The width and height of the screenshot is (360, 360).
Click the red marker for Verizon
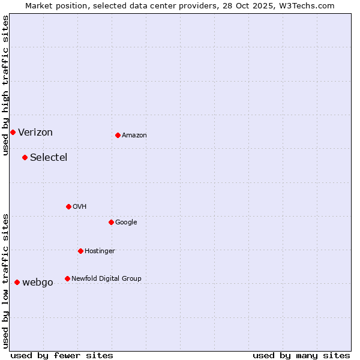click(x=13, y=132)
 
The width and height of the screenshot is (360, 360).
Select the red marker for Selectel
click(x=25, y=157)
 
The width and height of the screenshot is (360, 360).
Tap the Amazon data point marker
click(x=118, y=135)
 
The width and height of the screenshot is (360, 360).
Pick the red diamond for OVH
click(x=68, y=206)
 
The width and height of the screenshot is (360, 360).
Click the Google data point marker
click(x=111, y=222)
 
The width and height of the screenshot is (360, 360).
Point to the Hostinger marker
click(x=80, y=251)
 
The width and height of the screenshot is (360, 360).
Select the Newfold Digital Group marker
click(x=67, y=278)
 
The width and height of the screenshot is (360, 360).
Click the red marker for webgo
click(x=17, y=282)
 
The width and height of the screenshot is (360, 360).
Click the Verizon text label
click(x=35, y=133)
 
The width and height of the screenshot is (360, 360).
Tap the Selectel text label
click(x=49, y=158)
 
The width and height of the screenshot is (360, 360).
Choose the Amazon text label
click(x=134, y=136)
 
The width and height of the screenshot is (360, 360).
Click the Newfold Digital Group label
click(x=106, y=278)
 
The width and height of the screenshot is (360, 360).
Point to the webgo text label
click(x=38, y=283)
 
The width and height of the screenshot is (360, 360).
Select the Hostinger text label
click(x=100, y=251)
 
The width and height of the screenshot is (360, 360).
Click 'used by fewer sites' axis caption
click(x=62, y=355)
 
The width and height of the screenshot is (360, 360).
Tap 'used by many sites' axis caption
click(x=301, y=355)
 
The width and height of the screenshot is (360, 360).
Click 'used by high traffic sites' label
click(x=5, y=85)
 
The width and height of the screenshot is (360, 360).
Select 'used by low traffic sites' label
click(x=5, y=281)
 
